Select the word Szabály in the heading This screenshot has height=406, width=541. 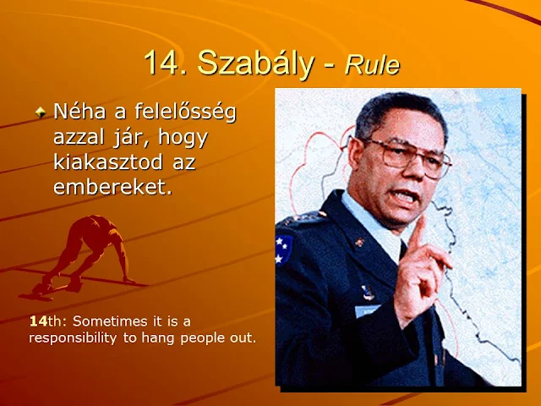coord(255,64)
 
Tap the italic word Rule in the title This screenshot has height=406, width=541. coord(372,64)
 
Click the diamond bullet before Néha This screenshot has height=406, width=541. coord(41,112)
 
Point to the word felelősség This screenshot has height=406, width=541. coord(185,112)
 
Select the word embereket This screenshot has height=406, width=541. coord(112,187)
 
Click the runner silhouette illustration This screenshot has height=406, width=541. coord(84,257)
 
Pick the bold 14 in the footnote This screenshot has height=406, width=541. coord(38,321)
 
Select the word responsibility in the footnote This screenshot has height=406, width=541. coord(73,338)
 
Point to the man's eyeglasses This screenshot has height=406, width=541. coord(400,156)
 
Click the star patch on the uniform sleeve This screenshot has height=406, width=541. coord(283,250)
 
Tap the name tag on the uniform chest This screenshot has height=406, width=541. coord(367,310)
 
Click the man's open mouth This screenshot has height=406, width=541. coord(406,197)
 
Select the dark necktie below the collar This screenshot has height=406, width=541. coord(403,250)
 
